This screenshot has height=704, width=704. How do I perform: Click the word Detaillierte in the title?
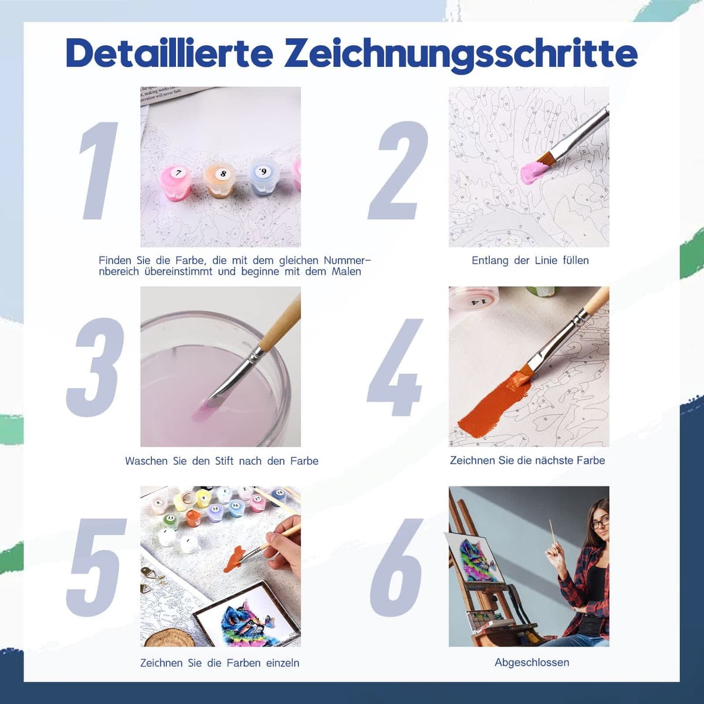(x=170, y=54)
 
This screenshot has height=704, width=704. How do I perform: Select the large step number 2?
(x=398, y=171)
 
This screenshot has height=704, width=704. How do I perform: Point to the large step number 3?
(x=95, y=367)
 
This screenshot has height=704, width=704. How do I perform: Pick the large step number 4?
(x=395, y=367)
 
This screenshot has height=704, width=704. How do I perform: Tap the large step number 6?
(x=397, y=568)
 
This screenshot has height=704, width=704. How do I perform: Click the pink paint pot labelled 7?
(x=178, y=183)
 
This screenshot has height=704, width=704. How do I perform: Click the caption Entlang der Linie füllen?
(x=530, y=260)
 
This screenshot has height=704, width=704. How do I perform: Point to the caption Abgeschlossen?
(x=532, y=662)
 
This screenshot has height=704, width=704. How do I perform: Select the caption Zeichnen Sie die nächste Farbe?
(x=527, y=461)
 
